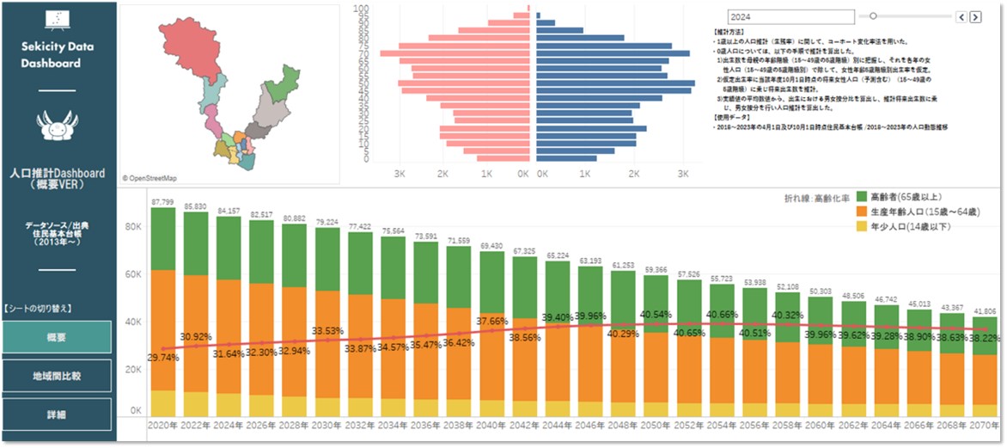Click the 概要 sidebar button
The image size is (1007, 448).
pyautogui.click(x=57, y=336)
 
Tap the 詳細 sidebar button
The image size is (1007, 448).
pyautogui.click(x=57, y=414)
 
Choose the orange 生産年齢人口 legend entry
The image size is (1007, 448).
pyautogui.click(x=922, y=212)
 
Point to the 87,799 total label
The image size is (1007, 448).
pyautogui.click(x=162, y=201)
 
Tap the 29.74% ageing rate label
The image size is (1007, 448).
pyautogui.click(x=162, y=356)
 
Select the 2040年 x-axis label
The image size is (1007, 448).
pyautogui.click(x=491, y=426)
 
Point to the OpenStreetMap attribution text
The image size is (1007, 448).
pyautogui.click(x=150, y=178)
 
